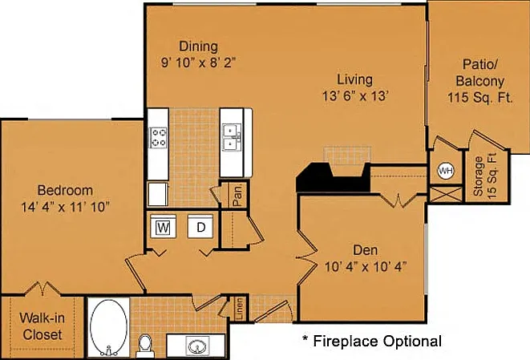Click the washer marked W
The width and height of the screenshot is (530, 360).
click(164, 226)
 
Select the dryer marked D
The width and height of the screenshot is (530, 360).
click(200, 226)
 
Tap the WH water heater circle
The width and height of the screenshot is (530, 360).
click(446, 171)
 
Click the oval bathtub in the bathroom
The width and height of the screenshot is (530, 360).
click(109, 327)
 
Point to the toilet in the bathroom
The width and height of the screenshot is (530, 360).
click(145, 345)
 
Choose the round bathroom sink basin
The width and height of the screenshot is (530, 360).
click(197, 347)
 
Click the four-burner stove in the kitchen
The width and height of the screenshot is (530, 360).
click(158, 137)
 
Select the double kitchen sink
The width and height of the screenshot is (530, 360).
click(232, 137)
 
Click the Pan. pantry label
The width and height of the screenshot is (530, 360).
click(237, 195)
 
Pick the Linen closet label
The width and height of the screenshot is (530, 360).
click(239, 308)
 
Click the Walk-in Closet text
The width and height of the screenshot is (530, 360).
click(42, 326)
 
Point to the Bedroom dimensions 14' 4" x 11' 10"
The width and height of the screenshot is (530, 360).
click(65, 207)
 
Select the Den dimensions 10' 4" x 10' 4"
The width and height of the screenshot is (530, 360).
click(366, 267)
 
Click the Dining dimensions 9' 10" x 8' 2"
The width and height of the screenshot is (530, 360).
click(198, 63)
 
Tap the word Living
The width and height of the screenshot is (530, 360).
click(355, 79)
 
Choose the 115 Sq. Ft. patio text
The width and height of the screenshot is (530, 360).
click(480, 97)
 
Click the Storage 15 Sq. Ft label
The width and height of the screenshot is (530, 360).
click(486, 176)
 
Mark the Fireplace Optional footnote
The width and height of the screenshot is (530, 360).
click(372, 341)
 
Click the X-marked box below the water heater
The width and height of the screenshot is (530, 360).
click(446, 194)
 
